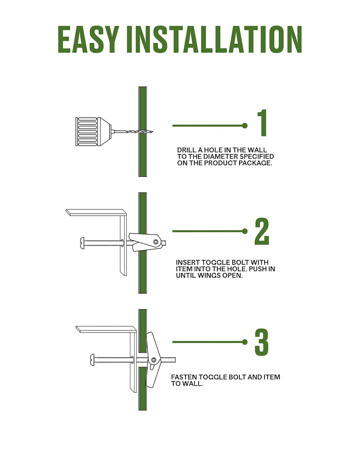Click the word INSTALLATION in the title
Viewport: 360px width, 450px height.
(x=215, y=39)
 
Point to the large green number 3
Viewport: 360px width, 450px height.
(x=262, y=342)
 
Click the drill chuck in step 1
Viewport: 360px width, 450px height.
(x=93, y=131)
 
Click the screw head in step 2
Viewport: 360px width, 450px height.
(x=82, y=243)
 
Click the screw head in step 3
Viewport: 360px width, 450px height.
(x=93, y=360)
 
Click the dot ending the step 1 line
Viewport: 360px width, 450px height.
(x=244, y=126)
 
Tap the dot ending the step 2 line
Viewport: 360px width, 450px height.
(x=244, y=231)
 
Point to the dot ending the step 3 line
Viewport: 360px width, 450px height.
(x=244, y=342)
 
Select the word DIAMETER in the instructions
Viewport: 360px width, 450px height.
(x=221, y=156)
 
